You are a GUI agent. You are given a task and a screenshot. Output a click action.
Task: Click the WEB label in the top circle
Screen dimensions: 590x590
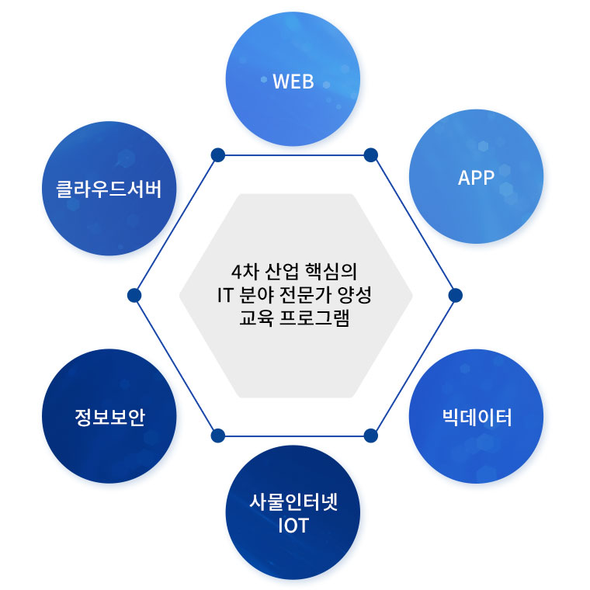pos(293,81)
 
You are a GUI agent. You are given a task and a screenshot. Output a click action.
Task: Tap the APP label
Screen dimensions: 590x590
pos(476,178)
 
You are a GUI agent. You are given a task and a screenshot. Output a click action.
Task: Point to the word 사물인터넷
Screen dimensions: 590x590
pos(293,501)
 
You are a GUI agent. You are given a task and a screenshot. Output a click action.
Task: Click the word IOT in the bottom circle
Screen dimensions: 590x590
pos(293,526)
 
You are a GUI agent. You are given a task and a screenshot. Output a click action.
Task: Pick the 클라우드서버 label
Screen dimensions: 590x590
pos(109,189)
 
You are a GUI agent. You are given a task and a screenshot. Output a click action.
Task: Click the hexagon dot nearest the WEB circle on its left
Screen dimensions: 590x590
pos(218,155)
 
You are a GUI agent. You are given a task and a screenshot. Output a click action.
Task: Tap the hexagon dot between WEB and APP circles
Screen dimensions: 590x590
pos(370,155)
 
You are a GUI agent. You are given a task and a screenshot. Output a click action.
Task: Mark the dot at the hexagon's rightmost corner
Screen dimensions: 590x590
pos(456,295)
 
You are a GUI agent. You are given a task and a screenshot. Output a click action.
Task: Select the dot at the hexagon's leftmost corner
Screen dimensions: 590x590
pos(134,295)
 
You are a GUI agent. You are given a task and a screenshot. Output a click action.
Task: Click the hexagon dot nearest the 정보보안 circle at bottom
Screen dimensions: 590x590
pos(218,435)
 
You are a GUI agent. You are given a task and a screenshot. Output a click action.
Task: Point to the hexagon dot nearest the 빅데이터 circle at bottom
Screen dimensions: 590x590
pos(370,435)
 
